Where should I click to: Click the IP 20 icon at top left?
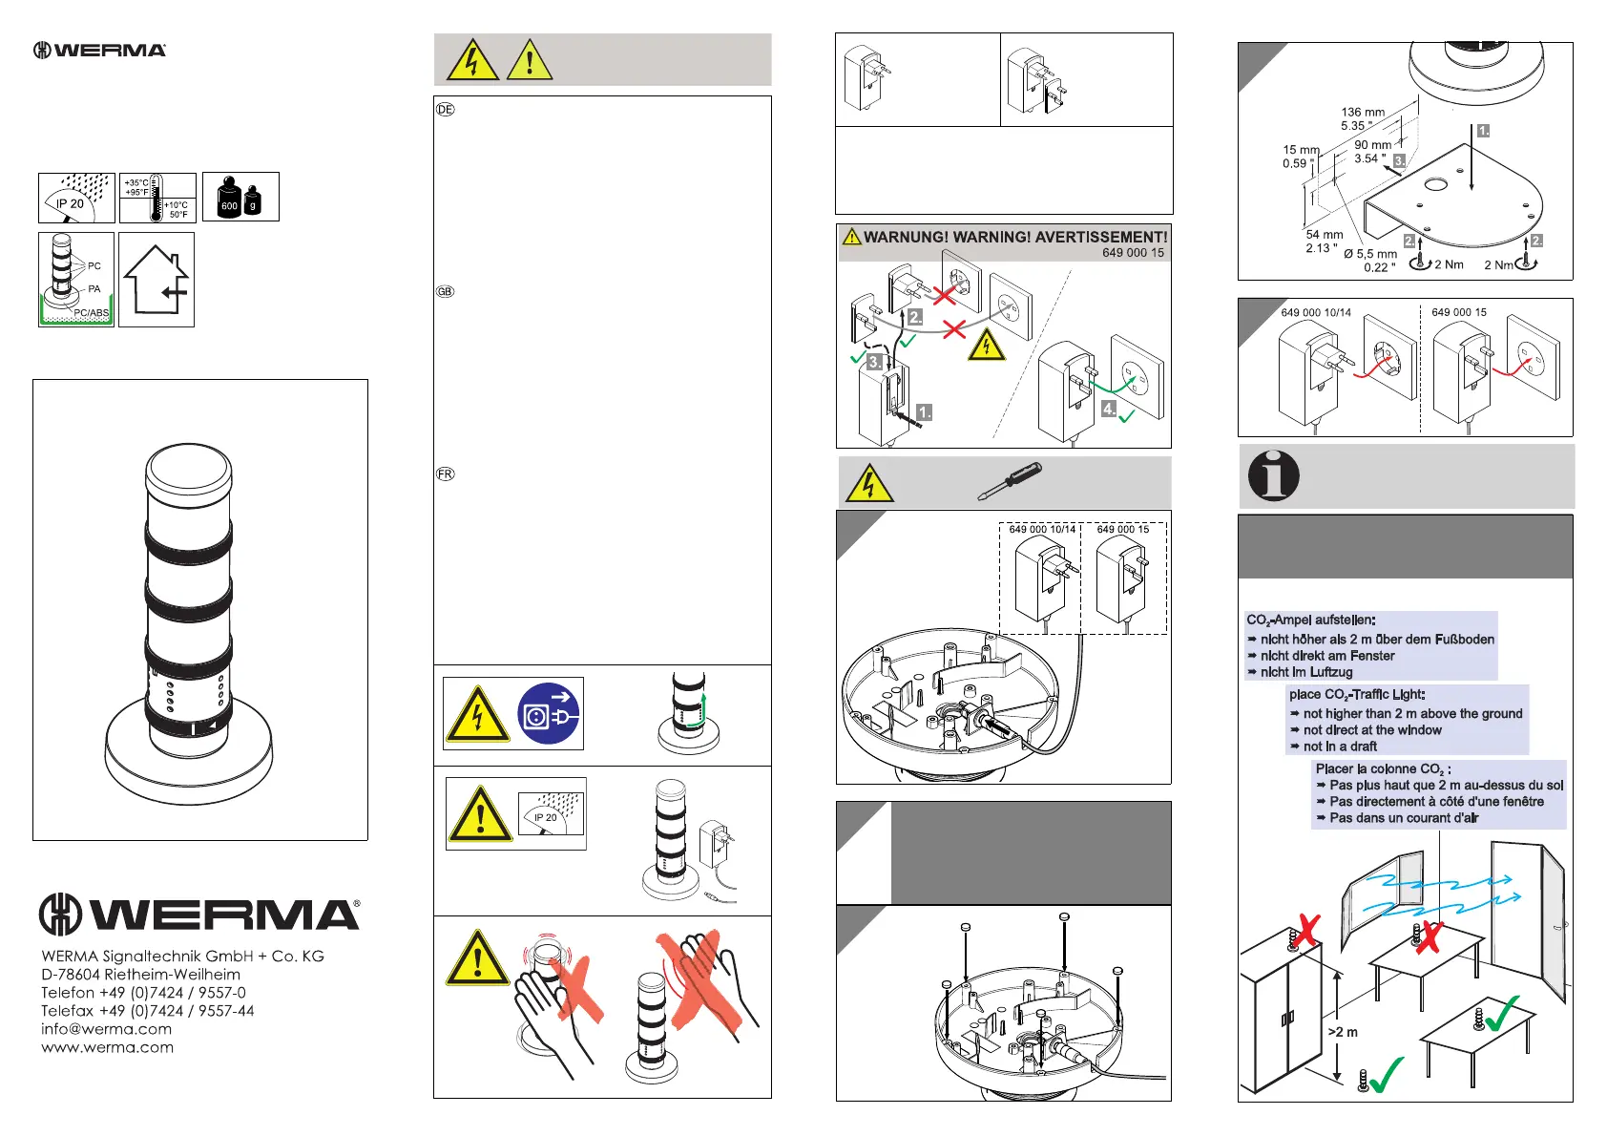click(x=76, y=198)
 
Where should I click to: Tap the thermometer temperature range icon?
click(x=157, y=198)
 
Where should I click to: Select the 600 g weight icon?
click(x=240, y=198)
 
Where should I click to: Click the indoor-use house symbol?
click(x=157, y=280)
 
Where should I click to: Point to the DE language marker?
click(x=445, y=110)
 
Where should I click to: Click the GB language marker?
click(x=445, y=292)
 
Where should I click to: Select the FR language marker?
click(x=445, y=474)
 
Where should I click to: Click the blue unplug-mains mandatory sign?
click(x=549, y=713)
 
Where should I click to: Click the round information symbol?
click(x=1274, y=475)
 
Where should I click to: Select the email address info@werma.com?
click(x=106, y=1029)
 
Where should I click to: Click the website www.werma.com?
click(x=107, y=1047)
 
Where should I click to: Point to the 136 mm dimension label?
click(x=1363, y=113)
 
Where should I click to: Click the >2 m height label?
click(x=1343, y=1032)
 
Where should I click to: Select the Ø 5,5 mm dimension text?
click(x=1370, y=254)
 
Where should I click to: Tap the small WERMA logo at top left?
click(x=100, y=50)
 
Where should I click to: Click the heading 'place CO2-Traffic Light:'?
click(x=1356, y=695)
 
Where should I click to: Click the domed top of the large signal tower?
click(x=188, y=466)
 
